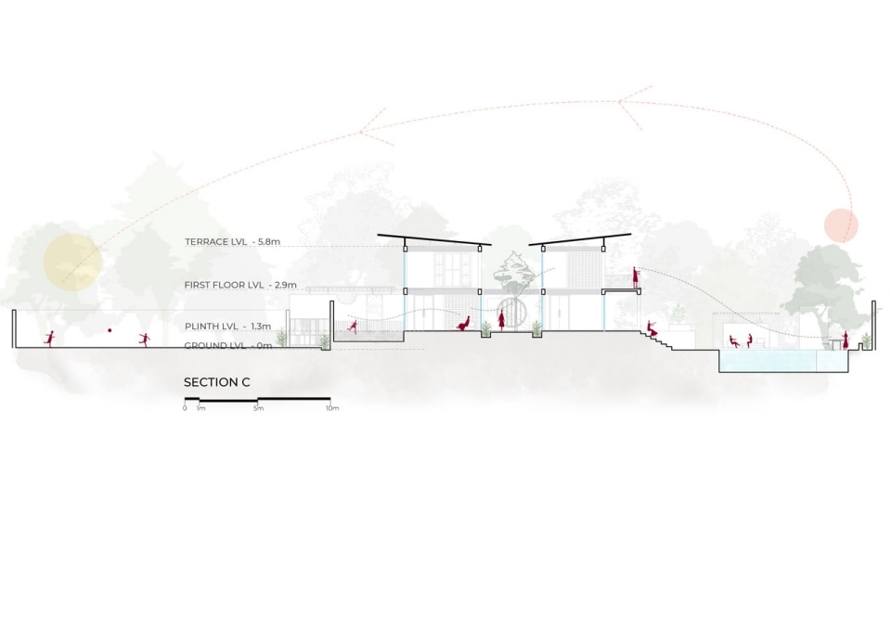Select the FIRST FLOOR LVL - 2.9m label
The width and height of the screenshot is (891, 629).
tap(240, 285)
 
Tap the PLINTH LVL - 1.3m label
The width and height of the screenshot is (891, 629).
tap(227, 327)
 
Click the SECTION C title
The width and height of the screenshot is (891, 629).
tap(216, 382)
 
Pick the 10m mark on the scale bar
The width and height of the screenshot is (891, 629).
tap(332, 408)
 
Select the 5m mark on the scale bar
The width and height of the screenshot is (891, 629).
tap(258, 408)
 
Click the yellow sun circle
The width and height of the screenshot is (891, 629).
tap(72, 260)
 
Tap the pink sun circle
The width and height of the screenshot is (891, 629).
tap(841, 225)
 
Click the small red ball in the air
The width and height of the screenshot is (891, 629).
tap(110, 330)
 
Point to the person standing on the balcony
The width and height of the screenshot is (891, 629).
tap(636, 277)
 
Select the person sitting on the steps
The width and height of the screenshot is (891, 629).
tap(653, 329)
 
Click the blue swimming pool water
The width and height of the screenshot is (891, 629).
tap(784, 361)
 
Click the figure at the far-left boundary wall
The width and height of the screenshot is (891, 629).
tap(50, 339)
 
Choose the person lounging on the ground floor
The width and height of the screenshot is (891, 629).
tap(464, 324)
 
